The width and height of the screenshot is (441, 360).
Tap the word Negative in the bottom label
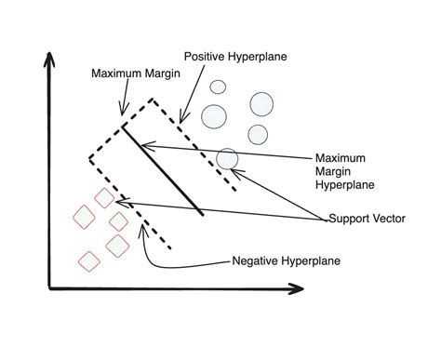click(x=251, y=260)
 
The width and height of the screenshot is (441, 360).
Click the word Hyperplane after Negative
click(x=308, y=260)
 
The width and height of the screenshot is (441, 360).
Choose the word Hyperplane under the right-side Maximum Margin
click(x=345, y=184)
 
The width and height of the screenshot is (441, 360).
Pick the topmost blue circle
click(x=219, y=87)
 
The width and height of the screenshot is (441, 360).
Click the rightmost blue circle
click(x=261, y=102)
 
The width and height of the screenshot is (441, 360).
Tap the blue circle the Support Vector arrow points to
click(x=227, y=159)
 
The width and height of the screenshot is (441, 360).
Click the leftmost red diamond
click(x=84, y=217)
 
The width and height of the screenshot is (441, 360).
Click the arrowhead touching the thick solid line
click(x=147, y=144)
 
